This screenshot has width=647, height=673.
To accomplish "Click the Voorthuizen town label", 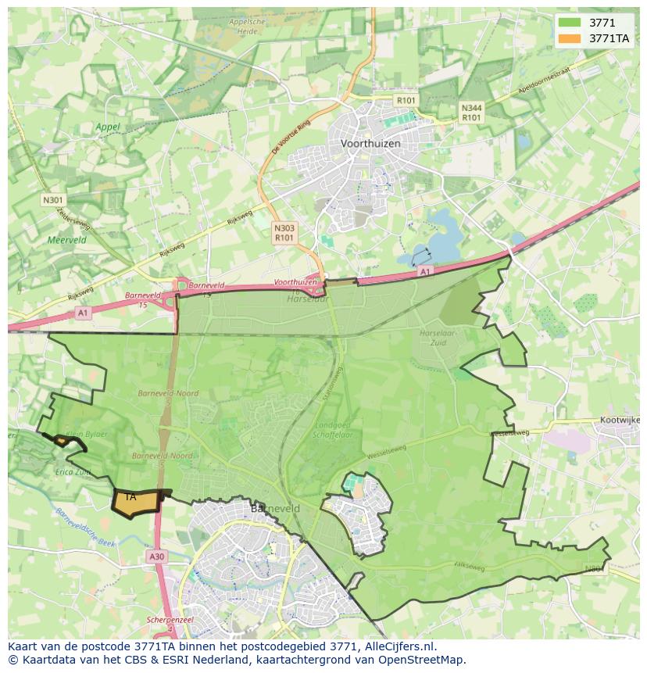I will [370, 144].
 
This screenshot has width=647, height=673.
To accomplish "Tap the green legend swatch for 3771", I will [570, 22].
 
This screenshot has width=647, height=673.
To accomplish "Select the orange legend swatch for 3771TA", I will [570, 38].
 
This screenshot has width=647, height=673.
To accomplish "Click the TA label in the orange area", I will [130, 497].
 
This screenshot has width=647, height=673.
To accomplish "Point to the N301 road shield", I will [52, 200].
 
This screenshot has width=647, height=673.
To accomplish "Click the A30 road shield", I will [156, 557].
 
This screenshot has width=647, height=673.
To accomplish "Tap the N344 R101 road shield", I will [471, 113].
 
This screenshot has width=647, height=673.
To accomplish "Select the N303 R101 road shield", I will [284, 232].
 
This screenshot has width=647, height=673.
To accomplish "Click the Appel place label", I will [108, 127].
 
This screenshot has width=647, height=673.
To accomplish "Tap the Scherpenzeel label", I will [170, 620].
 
